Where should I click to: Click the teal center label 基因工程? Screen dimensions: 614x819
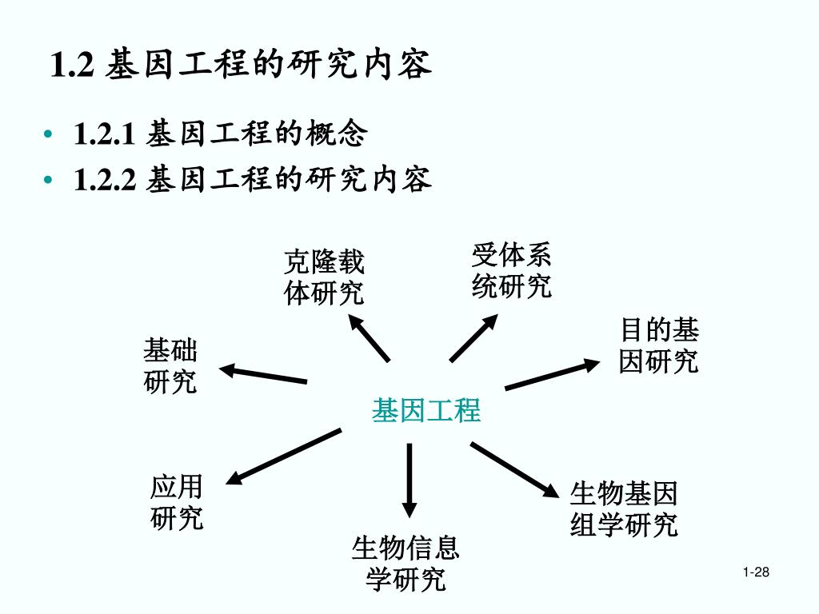click(x=425, y=410)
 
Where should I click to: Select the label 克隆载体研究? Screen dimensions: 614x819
click(x=324, y=277)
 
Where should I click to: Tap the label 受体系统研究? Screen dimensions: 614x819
click(x=512, y=271)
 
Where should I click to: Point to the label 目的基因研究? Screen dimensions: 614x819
click(x=658, y=345)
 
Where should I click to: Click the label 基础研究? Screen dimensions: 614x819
click(x=170, y=365)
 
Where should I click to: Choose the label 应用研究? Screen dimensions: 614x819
click(x=177, y=502)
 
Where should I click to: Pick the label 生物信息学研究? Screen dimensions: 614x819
click(x=406, y=563)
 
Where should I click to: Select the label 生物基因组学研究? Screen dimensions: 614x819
click(x=624, y=509)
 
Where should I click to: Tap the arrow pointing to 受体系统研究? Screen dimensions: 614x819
click(x=474, y=337)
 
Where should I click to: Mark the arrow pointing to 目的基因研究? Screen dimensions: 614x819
click(x=552, y=375)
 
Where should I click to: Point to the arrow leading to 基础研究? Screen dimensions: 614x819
click(x=263, y=374)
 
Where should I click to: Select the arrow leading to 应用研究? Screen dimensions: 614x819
click(x=284, y=457)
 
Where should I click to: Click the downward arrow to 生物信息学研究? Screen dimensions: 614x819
click(x=409, y=480)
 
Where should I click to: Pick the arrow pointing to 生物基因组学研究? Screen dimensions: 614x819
click(x=513, y=470)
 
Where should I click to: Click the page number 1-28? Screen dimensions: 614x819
click(x=755, y=572)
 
